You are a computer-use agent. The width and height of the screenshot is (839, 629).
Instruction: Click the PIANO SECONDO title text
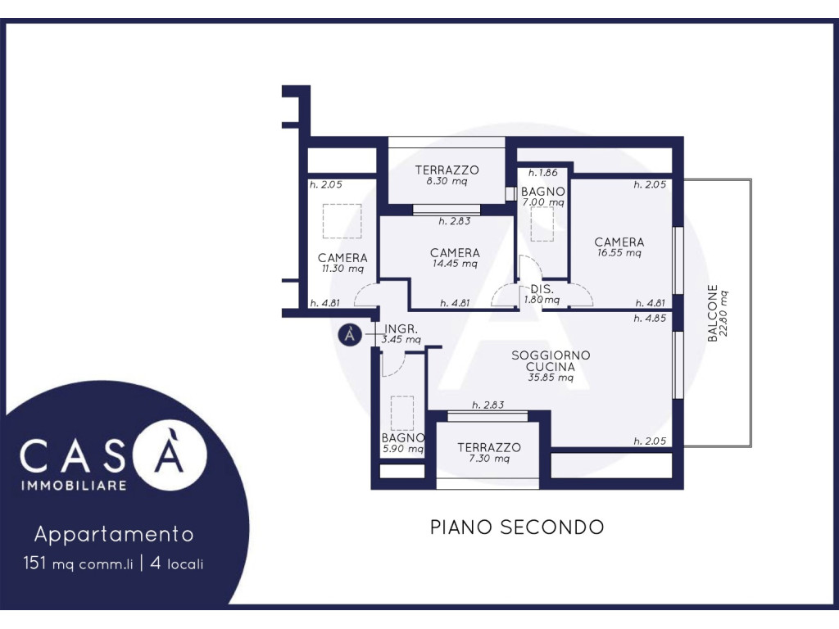click(517, 527)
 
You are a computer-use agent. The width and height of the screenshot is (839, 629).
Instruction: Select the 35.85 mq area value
click(551, 378)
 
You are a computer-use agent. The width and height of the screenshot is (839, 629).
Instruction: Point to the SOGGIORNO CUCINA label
click(551, 361)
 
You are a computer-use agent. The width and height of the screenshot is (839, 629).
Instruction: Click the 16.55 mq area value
click(619, 253)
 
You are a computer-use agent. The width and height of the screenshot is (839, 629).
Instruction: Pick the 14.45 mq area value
click(455, 264)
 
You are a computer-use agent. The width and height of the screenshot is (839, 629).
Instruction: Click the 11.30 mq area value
click(342, 269)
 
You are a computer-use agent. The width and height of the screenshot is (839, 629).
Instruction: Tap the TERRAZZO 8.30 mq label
click(447, 175)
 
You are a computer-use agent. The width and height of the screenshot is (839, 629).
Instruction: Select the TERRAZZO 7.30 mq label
click(489, 452)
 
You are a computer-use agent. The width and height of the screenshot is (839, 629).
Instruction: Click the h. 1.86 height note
click(542, 173)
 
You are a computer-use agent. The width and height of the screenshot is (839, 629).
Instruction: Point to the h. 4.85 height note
click(650, 319)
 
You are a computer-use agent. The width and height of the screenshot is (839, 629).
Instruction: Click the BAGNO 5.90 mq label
click(403, 443)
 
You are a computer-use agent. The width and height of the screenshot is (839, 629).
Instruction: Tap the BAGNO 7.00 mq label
click(543, 197)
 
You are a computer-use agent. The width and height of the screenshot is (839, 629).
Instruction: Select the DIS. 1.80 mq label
click(542, 295)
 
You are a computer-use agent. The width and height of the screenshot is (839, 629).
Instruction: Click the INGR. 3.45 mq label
click(401, 334)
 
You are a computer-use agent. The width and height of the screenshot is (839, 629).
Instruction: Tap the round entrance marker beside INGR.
click(350, 335)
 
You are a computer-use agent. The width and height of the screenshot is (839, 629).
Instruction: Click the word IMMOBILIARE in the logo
click(74, 486)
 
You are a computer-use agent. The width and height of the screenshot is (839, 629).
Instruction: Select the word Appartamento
click(114, 534)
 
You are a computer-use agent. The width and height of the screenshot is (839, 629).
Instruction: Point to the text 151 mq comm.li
click(78, 563)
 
